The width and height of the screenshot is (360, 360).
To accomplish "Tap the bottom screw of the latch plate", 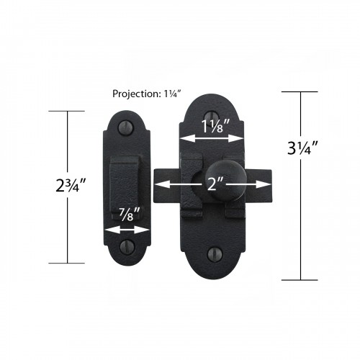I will tap(214, 253).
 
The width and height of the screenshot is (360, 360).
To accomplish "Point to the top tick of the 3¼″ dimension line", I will tap(299, 92).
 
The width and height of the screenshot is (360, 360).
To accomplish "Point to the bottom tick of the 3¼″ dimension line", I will tap(299, 279).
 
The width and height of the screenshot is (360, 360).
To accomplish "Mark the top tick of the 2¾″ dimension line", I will tap(68, 111).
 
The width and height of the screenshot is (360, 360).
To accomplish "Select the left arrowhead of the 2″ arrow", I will tap(160, 184).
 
